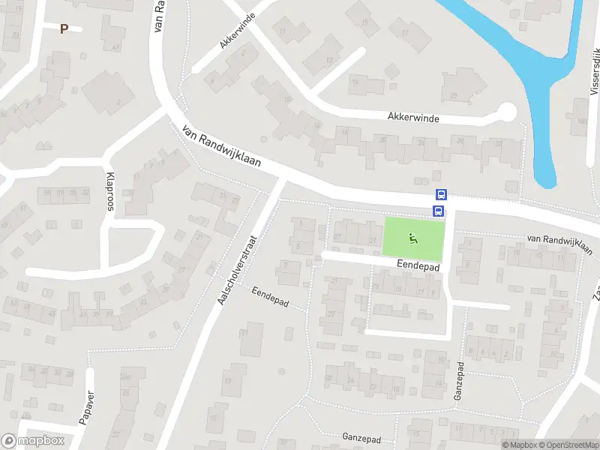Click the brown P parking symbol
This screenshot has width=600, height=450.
click(64, 28)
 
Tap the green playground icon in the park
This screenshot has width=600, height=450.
click(412, 238)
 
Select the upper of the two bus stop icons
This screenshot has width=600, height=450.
click(440, 194)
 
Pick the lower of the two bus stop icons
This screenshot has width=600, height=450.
click(440, 210)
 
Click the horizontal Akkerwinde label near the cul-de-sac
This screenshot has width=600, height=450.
click(413, 118)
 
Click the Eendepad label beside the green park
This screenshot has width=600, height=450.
click(418, 266)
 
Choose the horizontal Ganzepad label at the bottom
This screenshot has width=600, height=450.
click(362, 436)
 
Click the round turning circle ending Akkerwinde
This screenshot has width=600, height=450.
click(507, 112)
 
